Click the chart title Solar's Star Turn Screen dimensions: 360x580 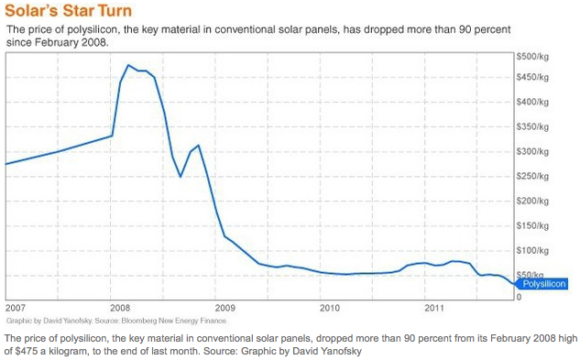68,11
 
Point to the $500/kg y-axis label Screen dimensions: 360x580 533,55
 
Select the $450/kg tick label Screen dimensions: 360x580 533,78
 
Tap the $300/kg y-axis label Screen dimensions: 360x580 533,152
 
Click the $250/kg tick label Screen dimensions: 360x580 533,177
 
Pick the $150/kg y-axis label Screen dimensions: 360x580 533,226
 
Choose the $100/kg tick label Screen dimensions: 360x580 533,250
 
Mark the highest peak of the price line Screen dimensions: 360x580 129,65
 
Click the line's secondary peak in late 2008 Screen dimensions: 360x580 198,145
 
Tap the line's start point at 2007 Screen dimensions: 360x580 6,164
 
